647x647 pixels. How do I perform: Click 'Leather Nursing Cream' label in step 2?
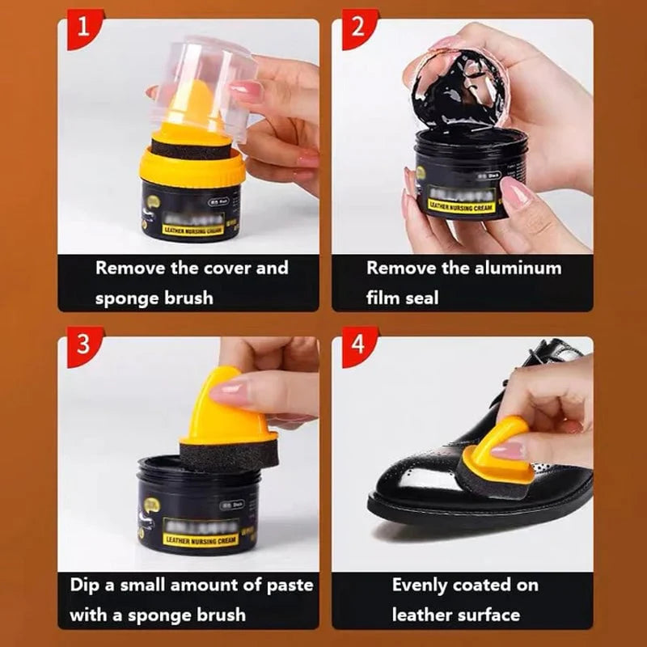pyautogui.click(x=462, y=205)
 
